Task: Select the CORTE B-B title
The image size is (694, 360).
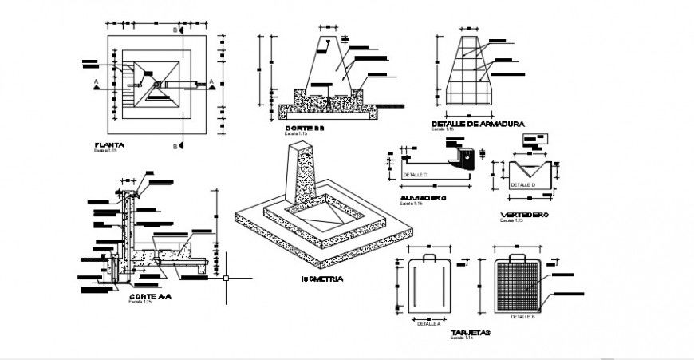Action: [x=304, y=128]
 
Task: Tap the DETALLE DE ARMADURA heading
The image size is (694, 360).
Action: [x=477, y=124]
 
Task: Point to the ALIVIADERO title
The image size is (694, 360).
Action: [x=423, y=198]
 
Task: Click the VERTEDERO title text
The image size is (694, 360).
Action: [x=524, y=215]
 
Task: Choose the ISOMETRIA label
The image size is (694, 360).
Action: [x=323, y=279]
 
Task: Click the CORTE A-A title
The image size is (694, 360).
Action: [x=150, y=295]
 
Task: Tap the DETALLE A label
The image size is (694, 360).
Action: [x=428, y=324]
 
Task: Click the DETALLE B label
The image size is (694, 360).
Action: [x=522, y=317]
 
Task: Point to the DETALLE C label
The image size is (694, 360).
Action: [x=416, y=173]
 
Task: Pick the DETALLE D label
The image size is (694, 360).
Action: [x=522, y=184]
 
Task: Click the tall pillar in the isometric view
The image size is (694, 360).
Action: [x=304, y=172]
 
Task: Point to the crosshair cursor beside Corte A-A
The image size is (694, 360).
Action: [x=227, y=278]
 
